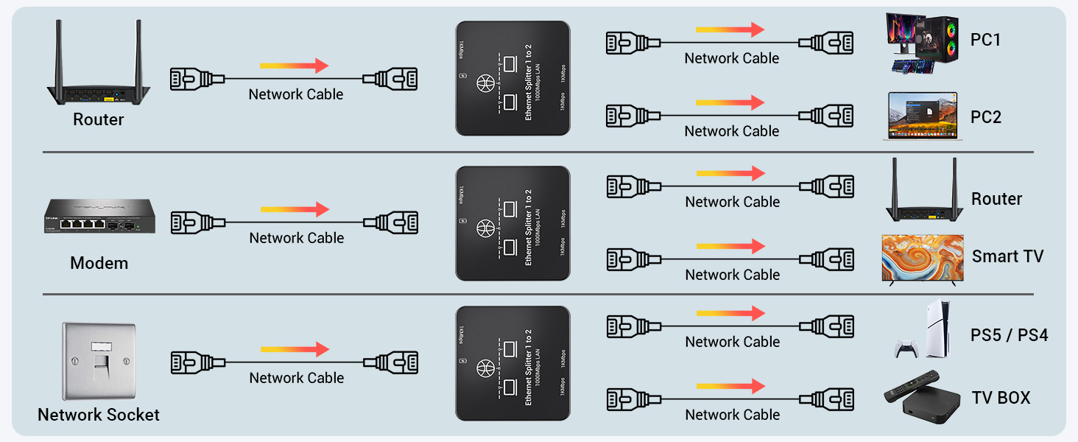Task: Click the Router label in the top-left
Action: coord(98,119)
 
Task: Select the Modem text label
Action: coord(99,263)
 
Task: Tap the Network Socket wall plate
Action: coord(98,361)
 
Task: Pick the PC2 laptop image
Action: coord(921,116)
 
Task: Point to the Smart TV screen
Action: coord(923,258)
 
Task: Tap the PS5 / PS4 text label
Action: coord(1009,335)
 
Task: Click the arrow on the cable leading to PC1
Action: coord(730,30)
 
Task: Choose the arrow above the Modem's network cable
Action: coord(295,209)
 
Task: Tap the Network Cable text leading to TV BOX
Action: coord(732,415)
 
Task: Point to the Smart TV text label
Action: coord(1007,256)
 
